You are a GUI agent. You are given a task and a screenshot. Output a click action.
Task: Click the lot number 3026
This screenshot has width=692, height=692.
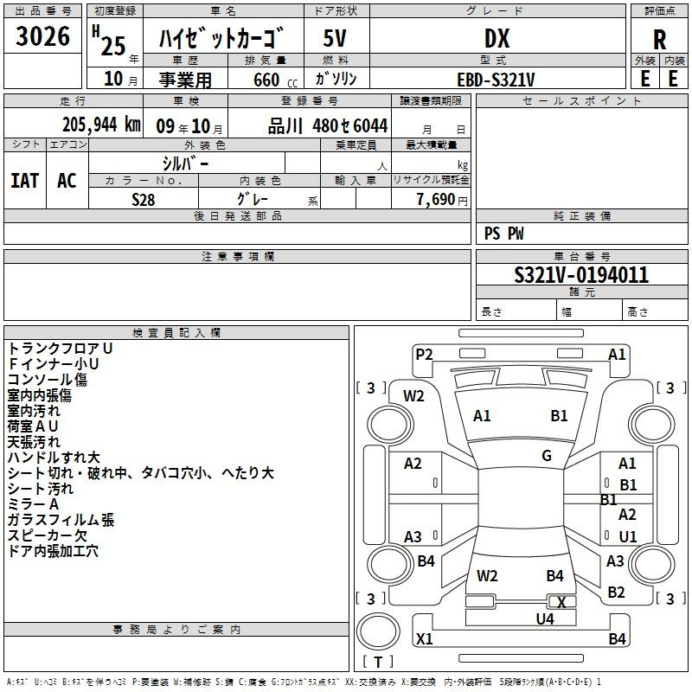[x=42, y=36]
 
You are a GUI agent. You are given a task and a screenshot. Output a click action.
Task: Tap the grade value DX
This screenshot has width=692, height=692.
[x=497, y=38]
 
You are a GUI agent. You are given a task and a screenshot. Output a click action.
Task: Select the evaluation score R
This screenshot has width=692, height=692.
[x=659, y=40]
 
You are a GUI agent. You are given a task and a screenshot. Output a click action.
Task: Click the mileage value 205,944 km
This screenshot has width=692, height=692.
[x=101, y=125]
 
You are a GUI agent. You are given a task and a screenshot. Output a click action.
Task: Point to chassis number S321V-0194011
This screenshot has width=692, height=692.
[x=581, y=275]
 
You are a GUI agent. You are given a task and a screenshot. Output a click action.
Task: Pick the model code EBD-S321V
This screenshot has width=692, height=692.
[x=496, y=80]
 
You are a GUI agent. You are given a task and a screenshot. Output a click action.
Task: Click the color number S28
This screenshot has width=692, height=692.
[x=143, y=200]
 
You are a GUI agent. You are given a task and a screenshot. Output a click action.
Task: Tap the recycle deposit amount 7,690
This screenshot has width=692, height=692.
[x=436, y=200]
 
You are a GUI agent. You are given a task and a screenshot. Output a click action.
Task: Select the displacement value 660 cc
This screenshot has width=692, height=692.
[x=275, y=80]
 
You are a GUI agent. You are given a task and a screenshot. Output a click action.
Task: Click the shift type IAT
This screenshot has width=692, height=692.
[x=25, y=181]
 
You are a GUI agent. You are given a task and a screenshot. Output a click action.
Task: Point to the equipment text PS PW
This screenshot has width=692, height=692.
[x=503, y=234]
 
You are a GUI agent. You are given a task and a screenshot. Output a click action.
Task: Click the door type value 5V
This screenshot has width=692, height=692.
[x=335, y=38]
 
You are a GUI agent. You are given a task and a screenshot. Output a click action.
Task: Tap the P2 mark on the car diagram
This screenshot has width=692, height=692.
[x=424, y=355]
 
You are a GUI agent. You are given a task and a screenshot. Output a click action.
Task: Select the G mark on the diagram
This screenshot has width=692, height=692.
[x=547, y=456]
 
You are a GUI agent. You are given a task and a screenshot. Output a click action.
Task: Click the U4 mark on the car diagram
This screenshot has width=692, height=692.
[x=545, y=619]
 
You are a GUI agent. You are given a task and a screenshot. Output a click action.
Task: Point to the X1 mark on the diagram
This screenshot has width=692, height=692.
[x=424, y=638]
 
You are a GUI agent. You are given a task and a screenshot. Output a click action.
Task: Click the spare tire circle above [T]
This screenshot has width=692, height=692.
[x=378, y=631]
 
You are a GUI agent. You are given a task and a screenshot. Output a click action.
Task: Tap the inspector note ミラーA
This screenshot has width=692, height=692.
[x=33, y=504]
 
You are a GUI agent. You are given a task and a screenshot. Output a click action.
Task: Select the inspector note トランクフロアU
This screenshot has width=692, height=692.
[x=60, y=349]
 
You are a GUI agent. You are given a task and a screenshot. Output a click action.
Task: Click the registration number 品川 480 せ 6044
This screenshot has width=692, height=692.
[x=328, y=125]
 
